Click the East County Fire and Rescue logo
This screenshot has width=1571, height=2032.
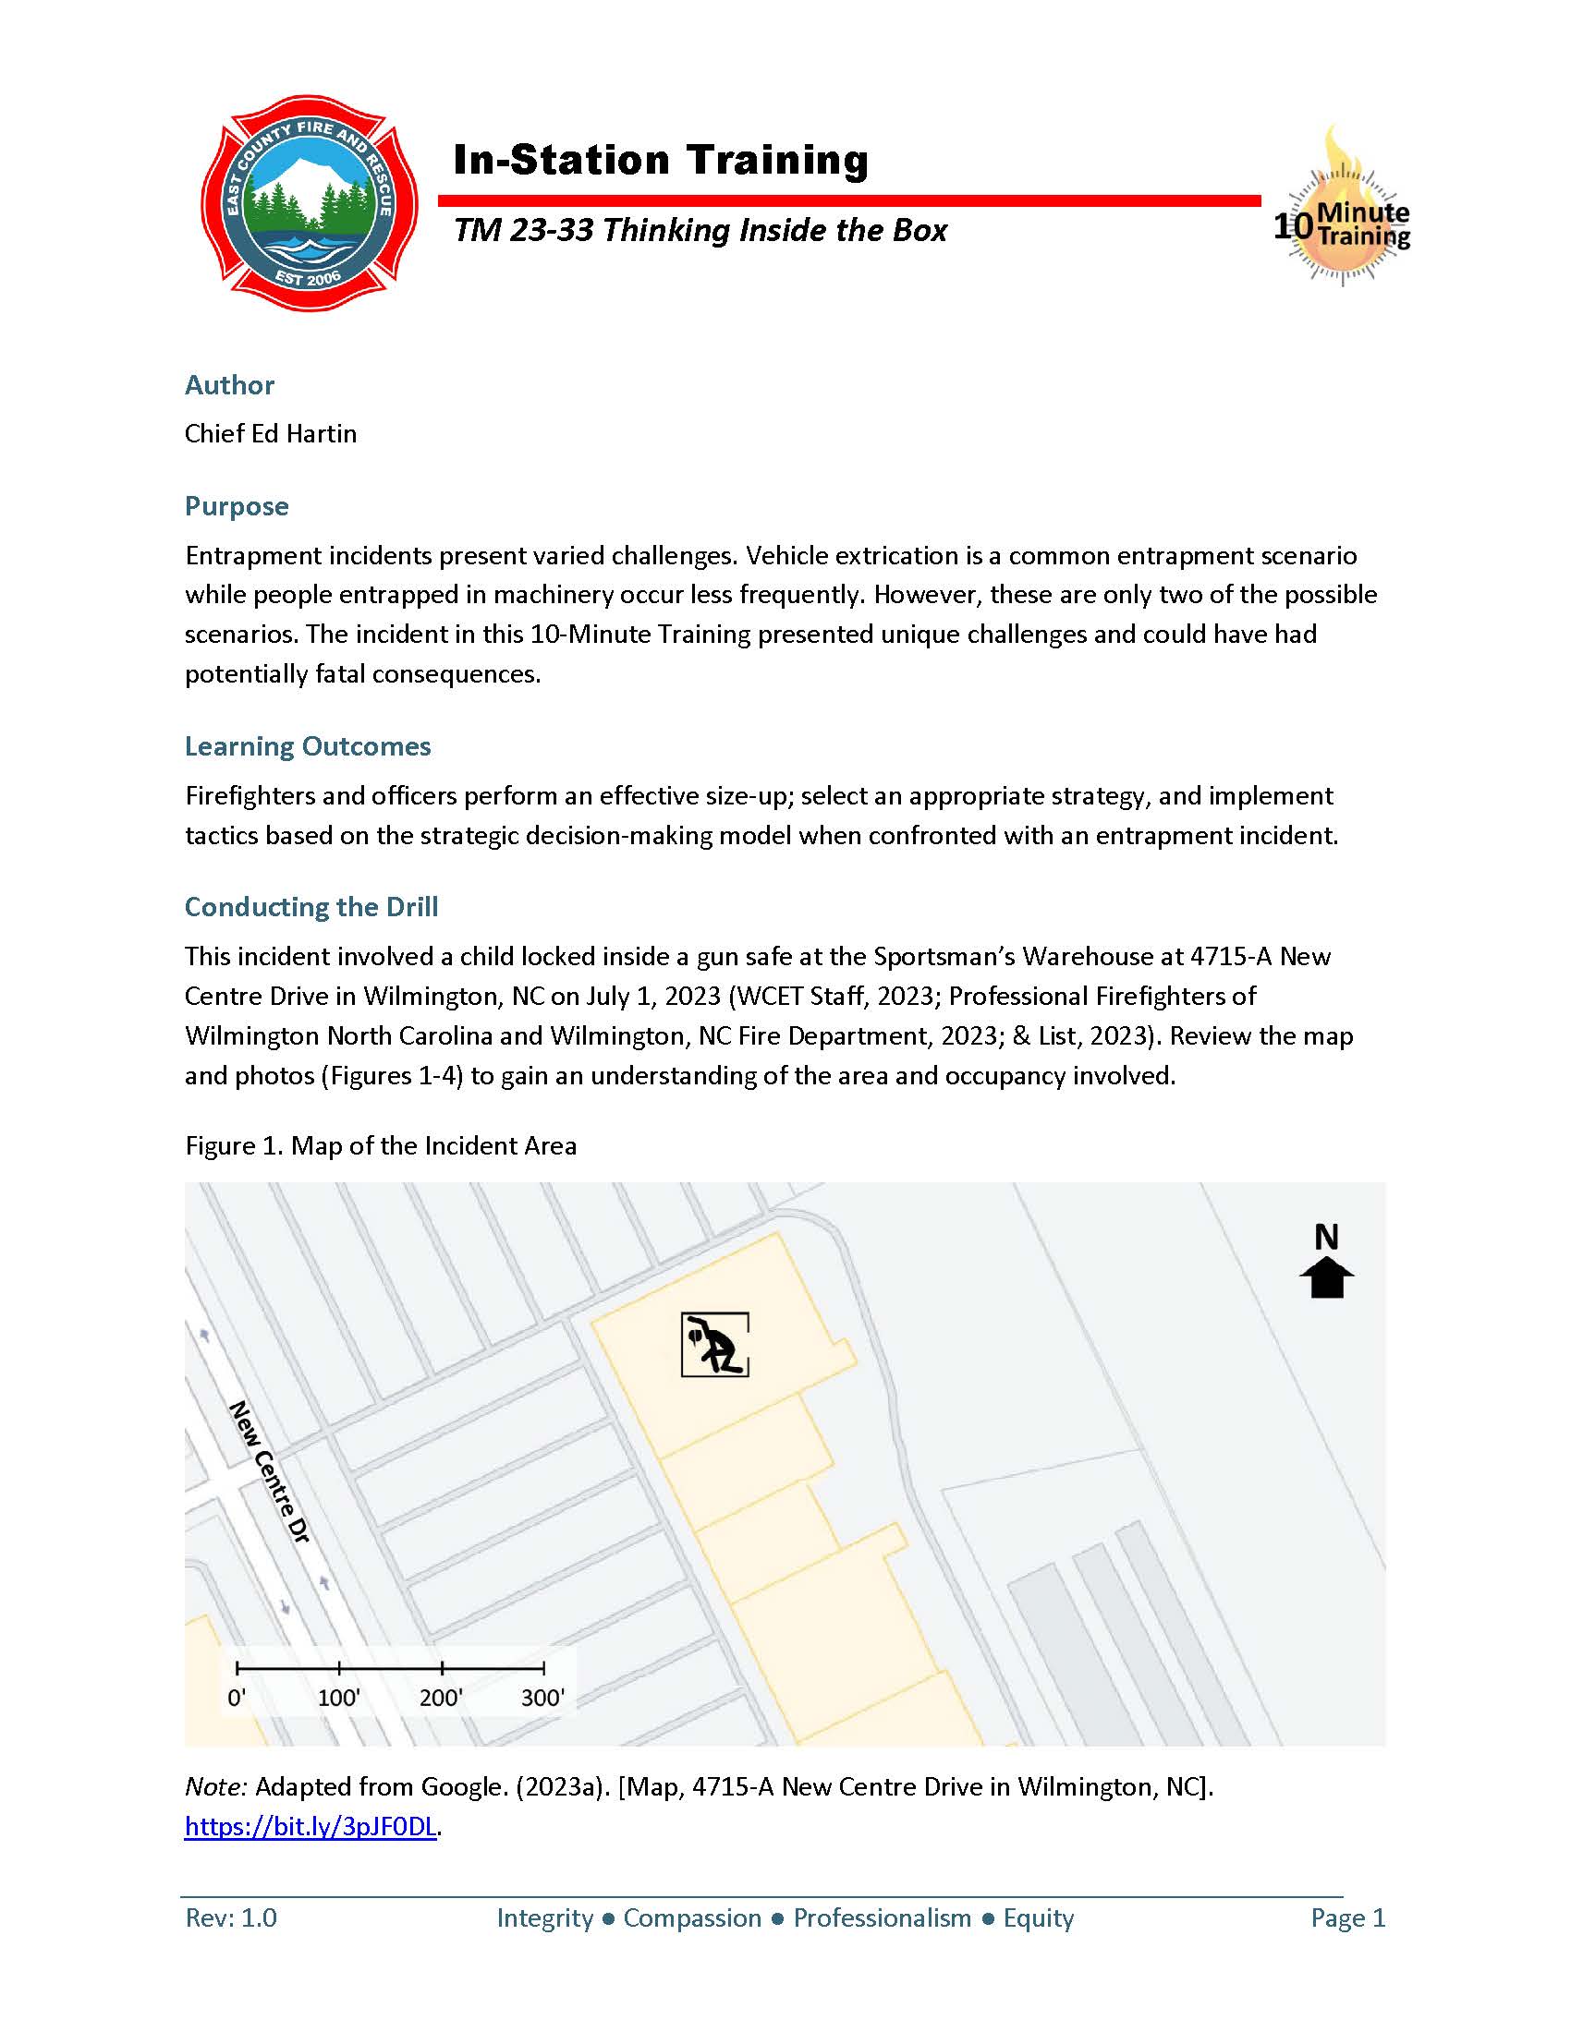click(x=309, y=203)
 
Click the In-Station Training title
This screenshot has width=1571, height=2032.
click(x=660, y=160)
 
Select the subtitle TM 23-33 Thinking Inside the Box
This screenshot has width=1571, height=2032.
click(x=700, y=230)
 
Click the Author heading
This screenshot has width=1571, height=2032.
click(x=229, y=385)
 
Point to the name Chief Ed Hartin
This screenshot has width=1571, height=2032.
click(x=270, y=433)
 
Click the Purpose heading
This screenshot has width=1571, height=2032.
click(x=237, y=506)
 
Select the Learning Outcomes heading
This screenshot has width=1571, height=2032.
click(x=307, y=746)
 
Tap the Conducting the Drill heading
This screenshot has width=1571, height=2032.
click(x=311, y=907)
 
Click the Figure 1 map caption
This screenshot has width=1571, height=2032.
click(x=381, y=1145)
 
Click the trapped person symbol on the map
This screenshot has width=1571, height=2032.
click(x=714, y=1345)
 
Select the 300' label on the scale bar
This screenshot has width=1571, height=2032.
click(x=542, y=1698)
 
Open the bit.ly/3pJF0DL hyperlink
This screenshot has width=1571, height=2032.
click(x=311, y=1826)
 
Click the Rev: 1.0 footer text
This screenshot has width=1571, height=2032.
click(x=231, y=1917)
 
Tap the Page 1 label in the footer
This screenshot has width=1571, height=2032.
click(x=1347, y=1917)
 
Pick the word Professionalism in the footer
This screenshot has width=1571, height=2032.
click(x=882, y=1917)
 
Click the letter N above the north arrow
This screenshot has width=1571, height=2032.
click(x=1326, y=1238)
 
